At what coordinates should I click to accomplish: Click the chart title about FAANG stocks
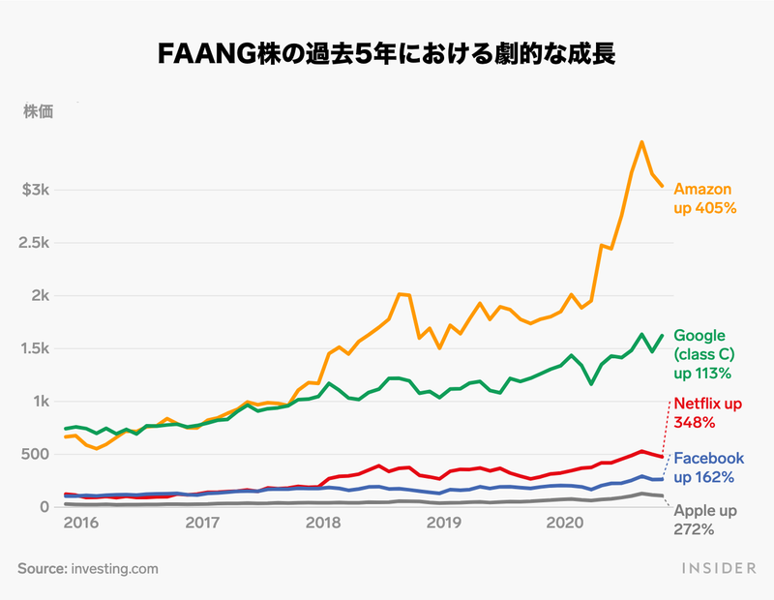point(387,53)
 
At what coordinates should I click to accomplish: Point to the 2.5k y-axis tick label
point(36,243)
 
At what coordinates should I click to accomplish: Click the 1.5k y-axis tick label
point(38,348)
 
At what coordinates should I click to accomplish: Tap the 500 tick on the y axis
point(38,454)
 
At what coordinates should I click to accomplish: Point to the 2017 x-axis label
point(202,524)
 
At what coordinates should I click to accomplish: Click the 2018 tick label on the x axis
point(323,524)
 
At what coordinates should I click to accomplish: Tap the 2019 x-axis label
point(444,524)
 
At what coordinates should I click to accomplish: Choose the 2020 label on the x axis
point(564,524)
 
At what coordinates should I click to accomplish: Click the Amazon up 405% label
point(705,198)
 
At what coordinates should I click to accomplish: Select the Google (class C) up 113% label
point(702,354)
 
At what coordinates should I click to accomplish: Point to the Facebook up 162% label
point(708,467)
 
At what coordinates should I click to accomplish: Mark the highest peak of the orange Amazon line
point(641,142)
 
